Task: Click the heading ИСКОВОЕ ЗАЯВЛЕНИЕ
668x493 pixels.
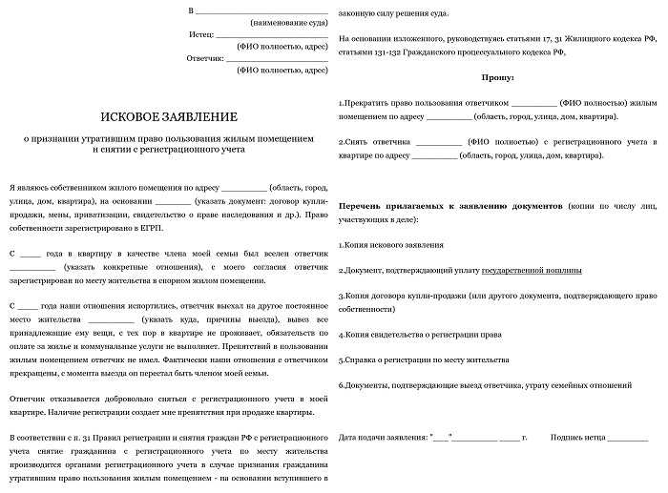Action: point(169,116)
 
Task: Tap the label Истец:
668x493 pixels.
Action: point(202,33)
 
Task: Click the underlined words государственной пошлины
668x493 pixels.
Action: point(532,270)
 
